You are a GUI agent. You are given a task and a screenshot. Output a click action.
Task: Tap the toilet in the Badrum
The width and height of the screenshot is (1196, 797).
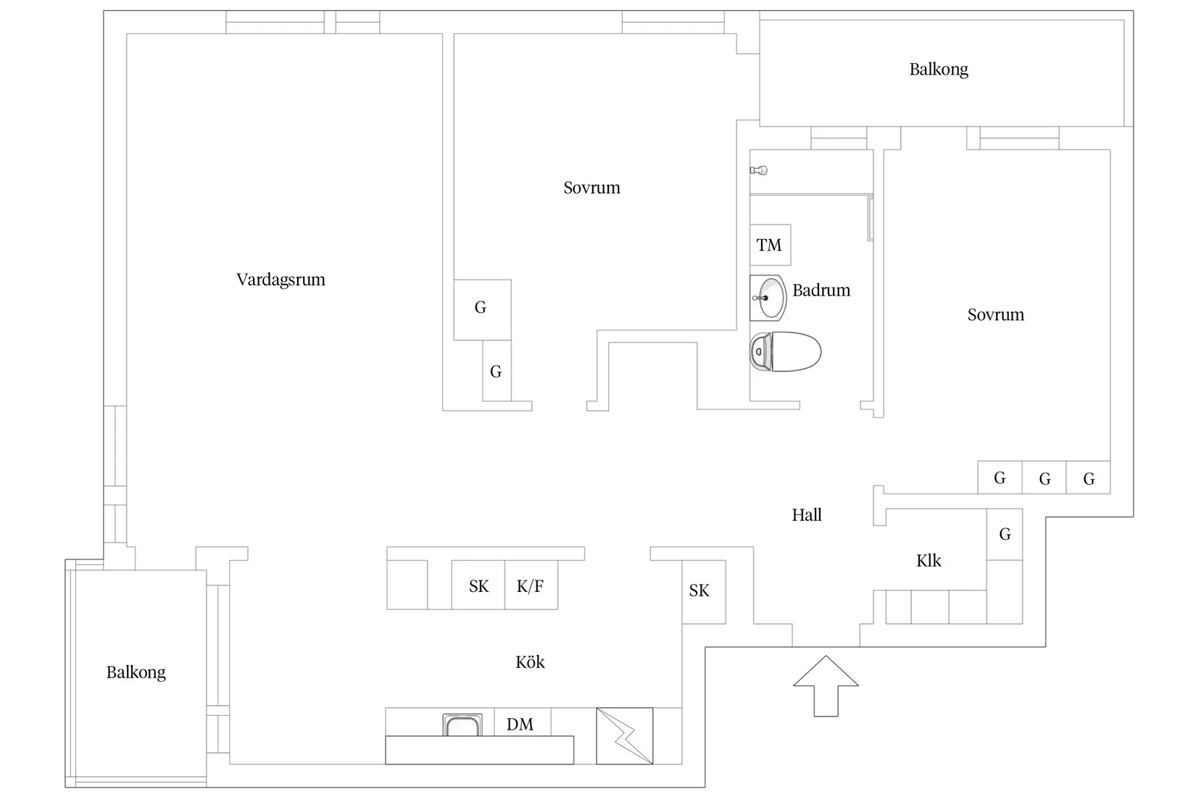(786, 352)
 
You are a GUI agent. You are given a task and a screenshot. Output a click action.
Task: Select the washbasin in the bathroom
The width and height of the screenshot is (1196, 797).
(768, 298)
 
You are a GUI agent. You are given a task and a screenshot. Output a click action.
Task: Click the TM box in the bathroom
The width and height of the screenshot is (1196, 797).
(770, 245)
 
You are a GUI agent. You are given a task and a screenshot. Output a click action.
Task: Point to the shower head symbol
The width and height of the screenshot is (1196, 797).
(759, 170)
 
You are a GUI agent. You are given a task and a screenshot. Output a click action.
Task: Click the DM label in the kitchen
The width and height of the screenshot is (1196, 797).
(520, 724)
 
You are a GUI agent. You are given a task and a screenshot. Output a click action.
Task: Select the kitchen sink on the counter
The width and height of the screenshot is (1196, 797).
(462, 725)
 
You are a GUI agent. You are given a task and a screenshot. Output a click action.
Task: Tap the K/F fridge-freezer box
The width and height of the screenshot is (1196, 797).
(531, 585)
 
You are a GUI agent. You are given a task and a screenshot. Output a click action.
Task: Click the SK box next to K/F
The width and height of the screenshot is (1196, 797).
(478, 585)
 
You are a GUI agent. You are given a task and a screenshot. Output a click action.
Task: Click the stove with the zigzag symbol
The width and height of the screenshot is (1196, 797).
(624, 735)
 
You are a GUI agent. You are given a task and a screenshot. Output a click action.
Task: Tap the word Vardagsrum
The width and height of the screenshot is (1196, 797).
(281, 280)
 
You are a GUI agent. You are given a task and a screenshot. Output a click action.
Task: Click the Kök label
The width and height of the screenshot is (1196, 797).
(530, 662)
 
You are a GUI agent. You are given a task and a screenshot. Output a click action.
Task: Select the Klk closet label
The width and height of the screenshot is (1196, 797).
(929, 561)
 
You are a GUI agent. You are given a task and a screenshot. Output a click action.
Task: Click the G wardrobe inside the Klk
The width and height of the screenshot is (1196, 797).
(1005, 534)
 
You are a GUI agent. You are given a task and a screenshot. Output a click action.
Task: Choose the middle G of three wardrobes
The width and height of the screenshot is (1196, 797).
(1045, 478)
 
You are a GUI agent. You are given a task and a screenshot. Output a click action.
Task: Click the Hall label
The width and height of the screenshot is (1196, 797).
(807, 515)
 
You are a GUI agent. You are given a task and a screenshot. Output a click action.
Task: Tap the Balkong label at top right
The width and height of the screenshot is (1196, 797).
(939, 70)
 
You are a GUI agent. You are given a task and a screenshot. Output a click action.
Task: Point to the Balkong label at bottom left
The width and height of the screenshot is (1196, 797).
(136, 672)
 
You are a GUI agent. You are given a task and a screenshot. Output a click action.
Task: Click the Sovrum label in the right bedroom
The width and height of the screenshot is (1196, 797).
(995, 314)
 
